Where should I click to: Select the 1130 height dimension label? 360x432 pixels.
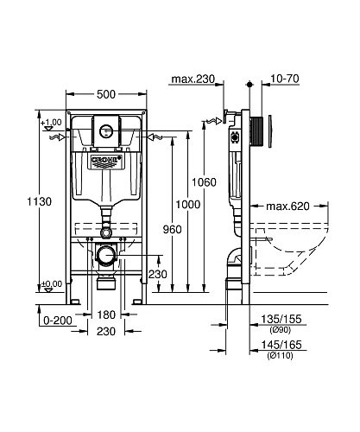[23, 201]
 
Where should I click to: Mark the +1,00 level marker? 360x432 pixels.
[51, 122]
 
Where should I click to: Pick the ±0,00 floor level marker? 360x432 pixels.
[51, 283]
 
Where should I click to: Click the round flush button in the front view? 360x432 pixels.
[106, 132]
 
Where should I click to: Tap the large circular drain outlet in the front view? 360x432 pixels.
[104, 255]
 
